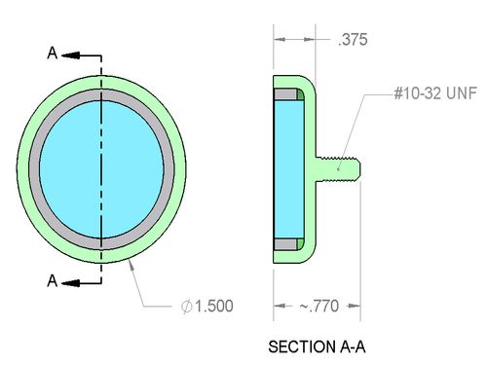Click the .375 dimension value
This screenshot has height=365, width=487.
pyautogui.click(x=353, y=40)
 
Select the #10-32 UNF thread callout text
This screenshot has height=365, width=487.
pyautogui.click(x=435, y=93)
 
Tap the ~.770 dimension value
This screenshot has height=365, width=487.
pyautogui.click(x=319, y=306)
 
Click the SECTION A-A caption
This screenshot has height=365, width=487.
pyautogui.click(x=317, y=347)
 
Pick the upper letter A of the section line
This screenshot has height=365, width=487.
pyautogui.click(x=53, y=53)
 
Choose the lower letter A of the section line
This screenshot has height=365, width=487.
pyautogui.click(x=53, y=280)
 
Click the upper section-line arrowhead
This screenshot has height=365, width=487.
pyautogui.click(x=70, y=55)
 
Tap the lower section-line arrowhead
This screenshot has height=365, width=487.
pyautogui.click(x=70, y=283)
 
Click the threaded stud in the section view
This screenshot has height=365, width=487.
pyautogui.click(x=338, y=168)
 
